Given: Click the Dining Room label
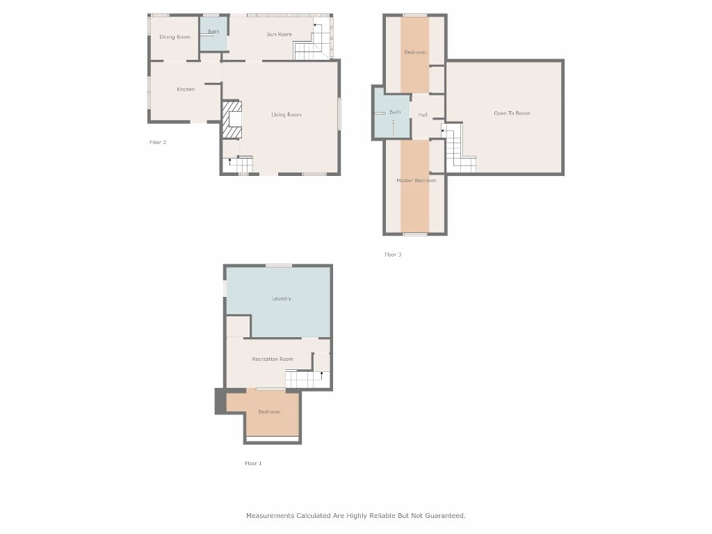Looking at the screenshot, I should click(175, 37).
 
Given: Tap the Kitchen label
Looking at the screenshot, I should click(186, 89).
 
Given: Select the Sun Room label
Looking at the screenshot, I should click(279, 34).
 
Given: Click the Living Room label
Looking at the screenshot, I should click(286, 115).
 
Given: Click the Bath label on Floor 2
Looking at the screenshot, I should click(213, 31).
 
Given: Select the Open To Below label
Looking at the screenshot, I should click(512, 113).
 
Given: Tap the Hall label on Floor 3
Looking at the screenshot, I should click(423, 115).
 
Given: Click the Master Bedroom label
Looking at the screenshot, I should click(416, 180).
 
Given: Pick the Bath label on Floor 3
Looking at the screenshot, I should click(395, 112).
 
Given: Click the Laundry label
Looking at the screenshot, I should click(281, 298).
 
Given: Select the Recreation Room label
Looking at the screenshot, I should click(272, 359).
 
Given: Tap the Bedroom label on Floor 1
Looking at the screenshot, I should click(269, 412).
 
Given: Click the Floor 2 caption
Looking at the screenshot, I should click(158, 142).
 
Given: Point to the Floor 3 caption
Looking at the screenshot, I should click(393, 254).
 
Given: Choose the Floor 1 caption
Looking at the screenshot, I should click(253, 463).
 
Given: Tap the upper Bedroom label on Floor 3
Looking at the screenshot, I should click(415, 52).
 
